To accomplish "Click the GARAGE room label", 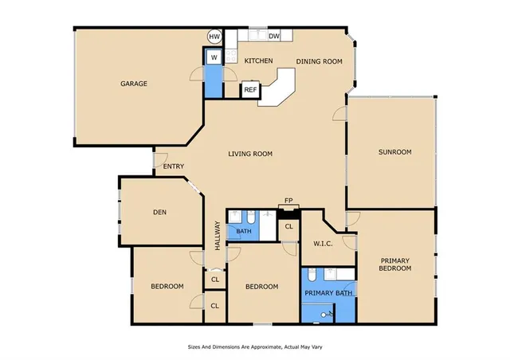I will pyautogui.click(x=134, y=84).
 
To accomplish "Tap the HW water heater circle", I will pyautogui.click(x=214, y=37).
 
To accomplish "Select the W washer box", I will pyautogui.click(x=214, y=57).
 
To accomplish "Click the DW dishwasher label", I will pyautogui.click(x=273, y=37).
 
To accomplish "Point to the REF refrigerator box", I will pyautogui.click(x=250, y=90).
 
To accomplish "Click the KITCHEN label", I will pyautogui.click(x=258, y=61).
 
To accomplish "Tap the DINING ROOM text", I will pyautogui.click(x=319, y=61).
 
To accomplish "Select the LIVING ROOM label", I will pyautogui.click(x=250, y=154).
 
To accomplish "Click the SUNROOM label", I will pyautogui.click(x=394, y=151).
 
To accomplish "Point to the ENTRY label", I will pyautogui.click(x=174, y=166).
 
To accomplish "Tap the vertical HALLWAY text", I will pyautogui.click(x=215, y=237).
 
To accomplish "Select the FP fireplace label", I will pyautogui.click(x=288, y=202).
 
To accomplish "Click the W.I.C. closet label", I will pyautogui.click(x=323, y=244).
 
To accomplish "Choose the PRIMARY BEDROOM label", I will pyautogui.click(x=395, y=264).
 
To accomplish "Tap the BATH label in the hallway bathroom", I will pyautogui.click(x=243, y=232).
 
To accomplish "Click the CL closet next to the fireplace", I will pyautogui.click(x=288, y=226).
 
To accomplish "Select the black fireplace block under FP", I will pyautogui.click(x=288, y=210).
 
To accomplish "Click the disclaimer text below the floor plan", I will pyautogui.click(x=254, y=347).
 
